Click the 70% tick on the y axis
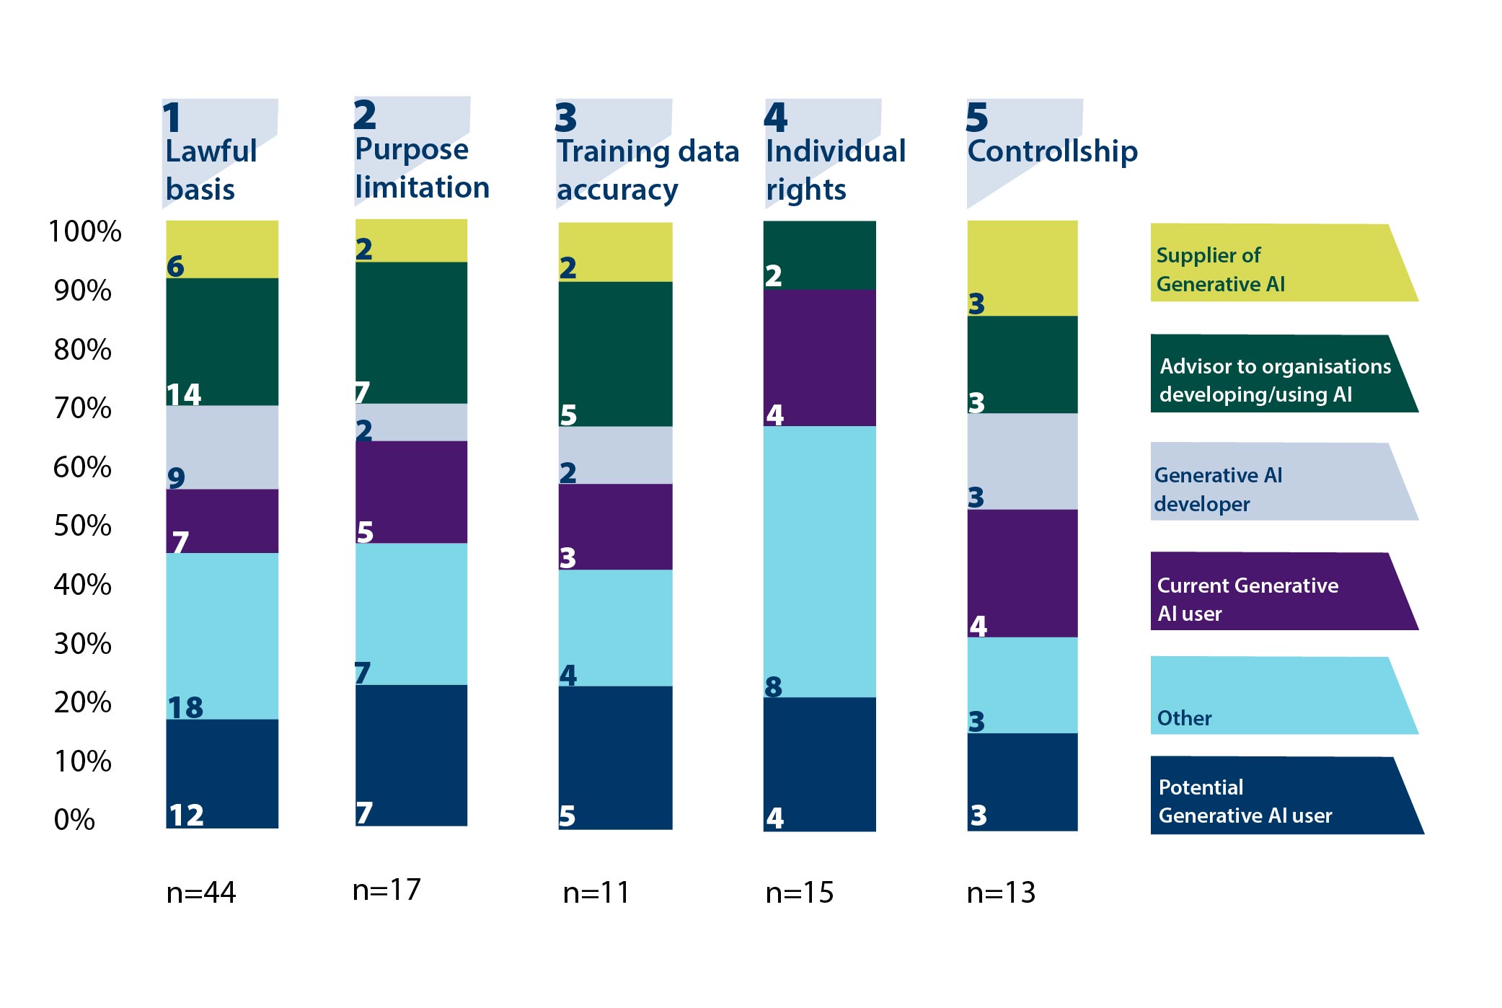[82, 408]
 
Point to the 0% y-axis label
[74, 819]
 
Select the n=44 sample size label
[200, 893]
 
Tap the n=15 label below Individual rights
[799, 893]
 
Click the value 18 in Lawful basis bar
[185, 707]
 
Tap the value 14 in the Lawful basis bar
[184, 394]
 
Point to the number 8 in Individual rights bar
[773, 686]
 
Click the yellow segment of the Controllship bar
[1022, 267]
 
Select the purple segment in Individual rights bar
[820, 358]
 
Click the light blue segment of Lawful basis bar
[222, 635]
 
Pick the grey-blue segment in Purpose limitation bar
[411, 422]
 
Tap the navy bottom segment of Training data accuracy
[615, 757]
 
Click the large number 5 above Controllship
[976, 118]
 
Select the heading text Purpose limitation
[421, 168]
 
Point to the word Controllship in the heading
[1052, 151]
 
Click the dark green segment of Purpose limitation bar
[411, 332]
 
